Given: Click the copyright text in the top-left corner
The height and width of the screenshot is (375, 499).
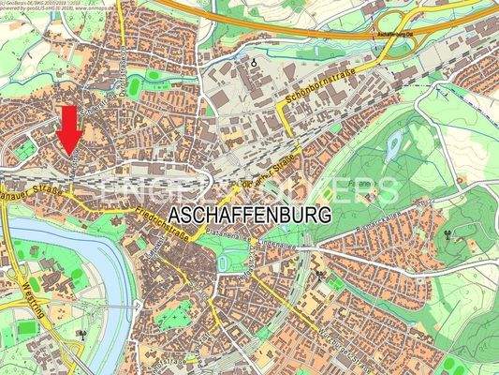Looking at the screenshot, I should pos(56,8).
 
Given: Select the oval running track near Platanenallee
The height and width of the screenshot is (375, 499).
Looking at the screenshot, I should pos(221,264).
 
